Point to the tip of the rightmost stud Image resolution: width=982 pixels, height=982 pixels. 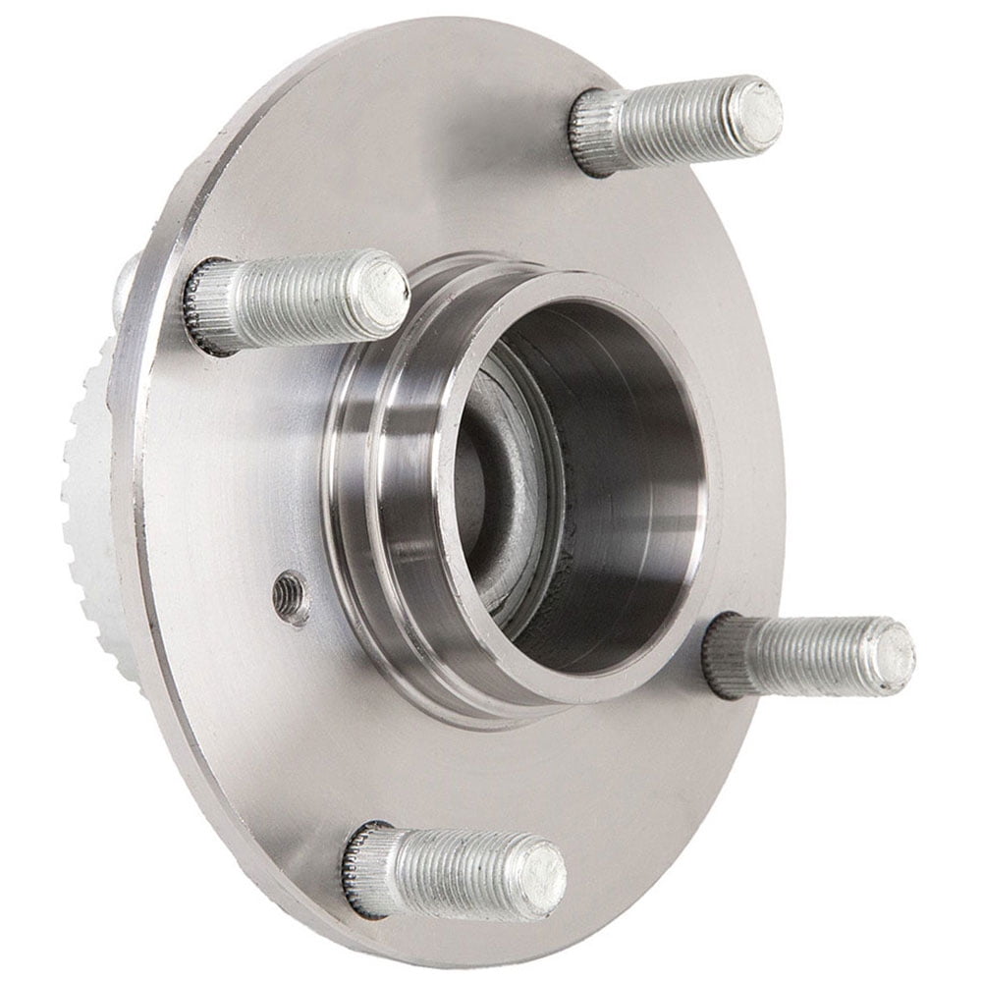click(893, 654)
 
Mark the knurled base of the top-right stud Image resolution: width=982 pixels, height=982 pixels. click(595, 131)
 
